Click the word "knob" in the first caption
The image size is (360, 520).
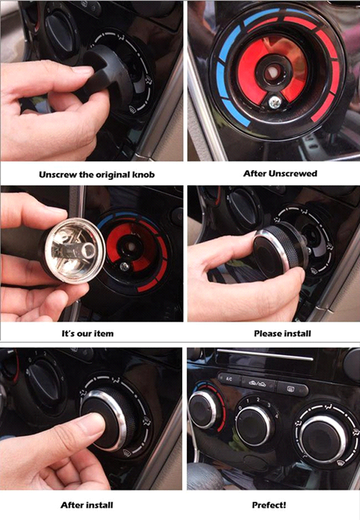coord(143,174)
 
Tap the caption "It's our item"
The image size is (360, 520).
coord(88,333)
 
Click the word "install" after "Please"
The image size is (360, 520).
coord(296,333)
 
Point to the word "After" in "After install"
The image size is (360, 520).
coord(71,505)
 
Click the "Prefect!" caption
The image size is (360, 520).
coord(269,505)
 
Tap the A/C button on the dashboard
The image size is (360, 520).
coord(229,379)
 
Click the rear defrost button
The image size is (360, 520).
coord(292,388)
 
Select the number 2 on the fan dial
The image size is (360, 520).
coord(258,400)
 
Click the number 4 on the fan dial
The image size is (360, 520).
coord(276,415)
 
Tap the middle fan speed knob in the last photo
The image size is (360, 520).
coord(254,426)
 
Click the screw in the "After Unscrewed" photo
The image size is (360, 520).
coord(274,102)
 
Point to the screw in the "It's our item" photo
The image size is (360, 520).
coord(124,266)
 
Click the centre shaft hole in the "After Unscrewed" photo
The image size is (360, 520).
coord(272,71)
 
